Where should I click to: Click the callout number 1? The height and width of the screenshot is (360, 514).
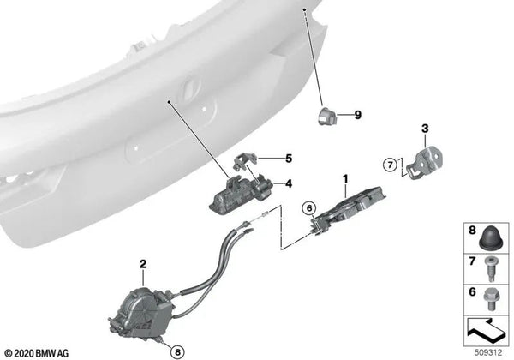[345, 179]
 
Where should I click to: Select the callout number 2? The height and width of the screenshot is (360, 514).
[143, 264]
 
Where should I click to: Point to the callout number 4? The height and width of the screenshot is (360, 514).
[288, 183]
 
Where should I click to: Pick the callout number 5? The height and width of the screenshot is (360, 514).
[289, 158]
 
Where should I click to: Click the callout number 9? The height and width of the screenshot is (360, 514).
[359, 113]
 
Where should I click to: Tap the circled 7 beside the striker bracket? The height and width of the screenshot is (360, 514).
[391, 165]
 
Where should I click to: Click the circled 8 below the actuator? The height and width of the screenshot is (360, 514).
[176, 351]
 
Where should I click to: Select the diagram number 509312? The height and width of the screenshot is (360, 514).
[486, 351]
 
